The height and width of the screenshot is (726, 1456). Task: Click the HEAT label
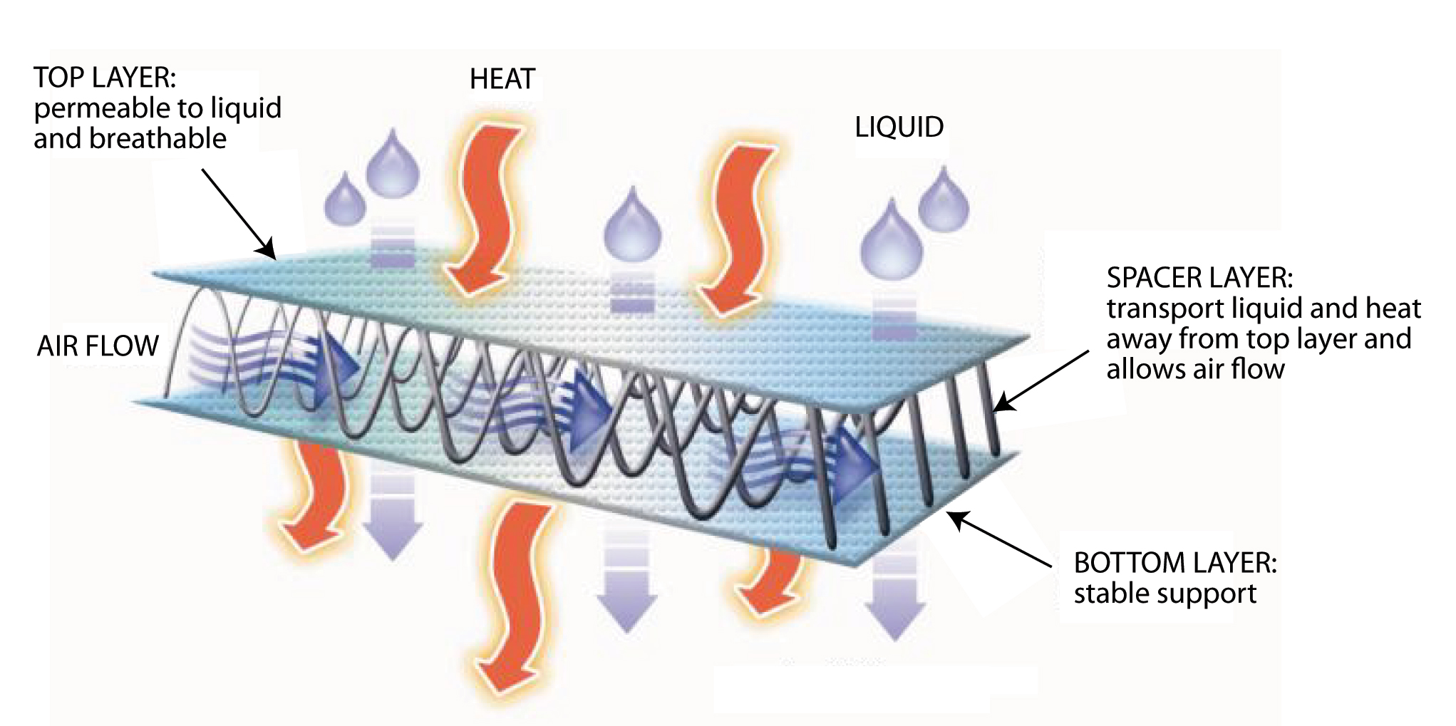[502, 79]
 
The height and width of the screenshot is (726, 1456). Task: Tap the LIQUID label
[899, 128]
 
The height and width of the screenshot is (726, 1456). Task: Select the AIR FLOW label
[98, 346]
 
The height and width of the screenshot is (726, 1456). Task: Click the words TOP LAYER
[104, 78]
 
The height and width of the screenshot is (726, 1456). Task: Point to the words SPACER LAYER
[1199, 277]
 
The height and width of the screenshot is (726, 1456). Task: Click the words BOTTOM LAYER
[1174, 563]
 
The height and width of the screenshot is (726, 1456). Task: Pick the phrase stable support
[1165, 593]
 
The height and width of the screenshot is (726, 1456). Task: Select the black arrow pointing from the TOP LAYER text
[239, 213]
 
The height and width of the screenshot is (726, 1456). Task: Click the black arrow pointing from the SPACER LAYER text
[1041, 381]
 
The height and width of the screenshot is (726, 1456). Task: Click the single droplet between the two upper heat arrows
[632, 224]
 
